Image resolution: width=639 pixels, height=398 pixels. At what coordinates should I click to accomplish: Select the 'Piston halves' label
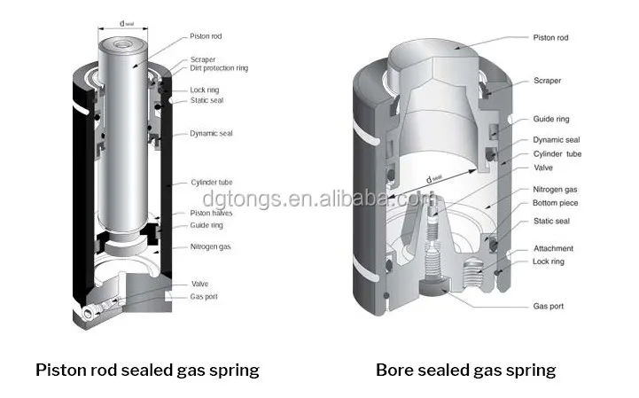coord(212,213)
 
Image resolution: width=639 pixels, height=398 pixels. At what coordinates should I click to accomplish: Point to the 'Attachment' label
coord(552,248)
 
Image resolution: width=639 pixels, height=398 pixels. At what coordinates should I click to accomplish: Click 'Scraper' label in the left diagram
coord(203,59)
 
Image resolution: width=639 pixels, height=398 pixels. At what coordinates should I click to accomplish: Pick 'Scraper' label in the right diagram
coord(547,80)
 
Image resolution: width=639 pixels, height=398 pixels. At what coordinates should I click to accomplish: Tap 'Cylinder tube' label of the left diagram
coord(212,183)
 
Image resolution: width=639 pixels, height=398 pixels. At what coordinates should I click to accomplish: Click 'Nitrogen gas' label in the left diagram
coord(212,247)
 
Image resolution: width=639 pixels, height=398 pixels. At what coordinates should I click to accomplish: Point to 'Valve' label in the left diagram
coord(200,284)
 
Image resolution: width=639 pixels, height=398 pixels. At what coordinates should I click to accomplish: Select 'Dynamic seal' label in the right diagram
coord(556,140)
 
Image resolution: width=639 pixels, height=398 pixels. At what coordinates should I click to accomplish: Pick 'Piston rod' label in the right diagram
coord(550,38)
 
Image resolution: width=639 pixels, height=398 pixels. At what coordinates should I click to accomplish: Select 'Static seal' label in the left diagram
coord(207,100)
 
